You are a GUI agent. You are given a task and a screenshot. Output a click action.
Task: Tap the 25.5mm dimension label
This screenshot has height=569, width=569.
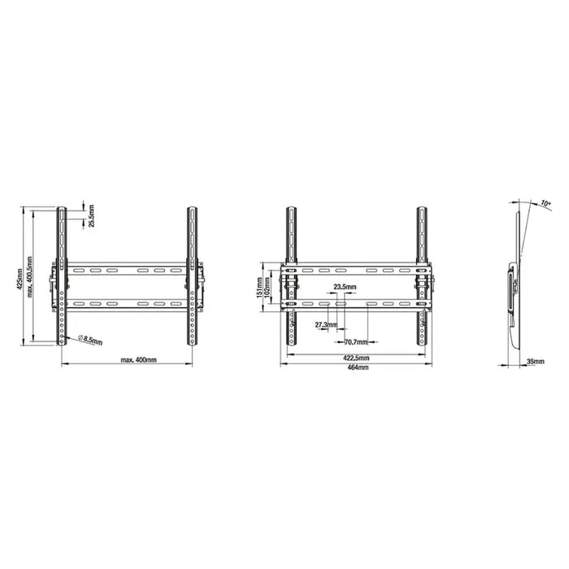pyautogui.click(x=91, y=216)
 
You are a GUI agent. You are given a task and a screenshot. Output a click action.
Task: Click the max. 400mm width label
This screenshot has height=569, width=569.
pyautogui.click(x=139, y=359)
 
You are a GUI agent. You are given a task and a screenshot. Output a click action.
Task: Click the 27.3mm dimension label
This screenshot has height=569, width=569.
pyautogui.click(x=325, y=325)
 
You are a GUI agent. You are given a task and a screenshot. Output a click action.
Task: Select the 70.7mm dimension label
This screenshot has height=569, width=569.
pyautogui.click(x=356, y=342)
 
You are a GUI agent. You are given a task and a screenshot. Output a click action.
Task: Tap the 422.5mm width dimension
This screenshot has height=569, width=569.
pyautogui.click(x=356, y=358)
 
